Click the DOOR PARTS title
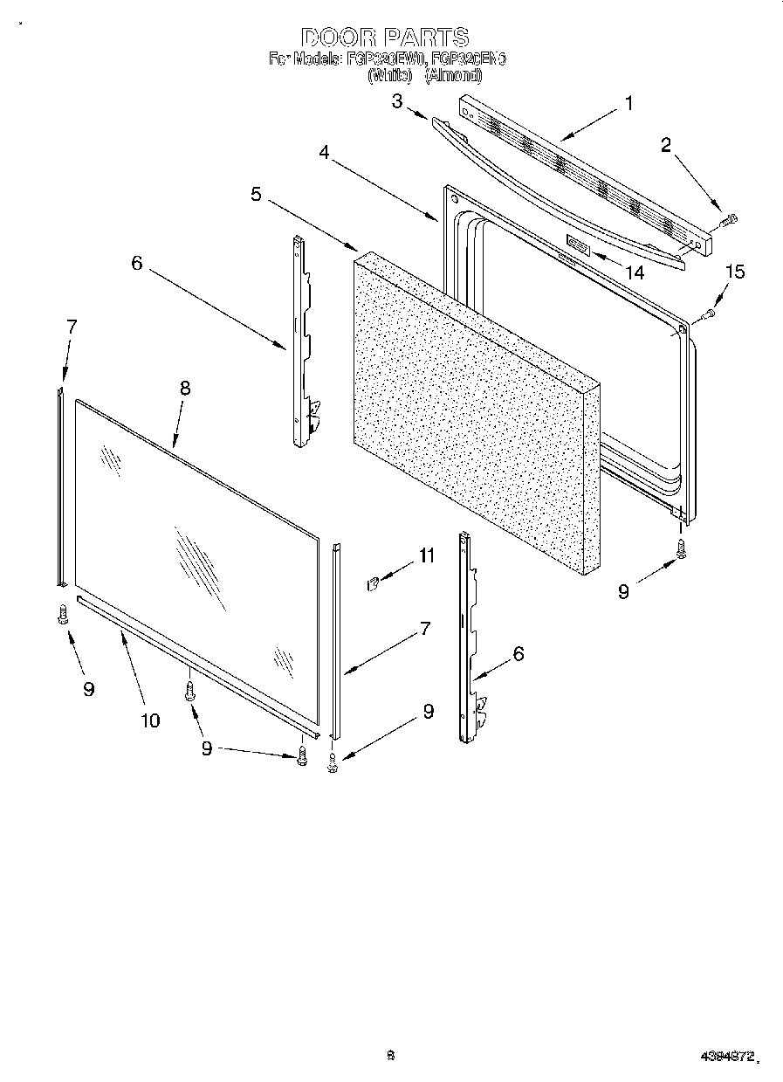[x=385, y=38]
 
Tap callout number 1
[x=628, y=104]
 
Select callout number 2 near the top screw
[x=666, y=145]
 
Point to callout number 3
[x=397, y=101]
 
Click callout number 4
[x=324, y=152]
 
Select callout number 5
[x=256, y=194]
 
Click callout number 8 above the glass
[x=184, y=389]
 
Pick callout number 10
[x=150, y=720]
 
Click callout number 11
[x=426, y=555]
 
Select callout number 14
[x=635, y=272]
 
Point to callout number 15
[x=735, y=272]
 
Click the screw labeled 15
[x=710, y=313]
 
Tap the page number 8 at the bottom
[x=391, y=1055]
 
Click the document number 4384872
[x=726, y=1057]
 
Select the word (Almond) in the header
[x=452, y=76]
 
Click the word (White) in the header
[x=390, y=76]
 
